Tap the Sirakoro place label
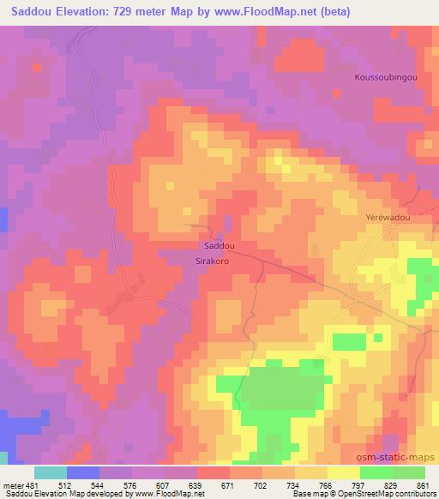pos(210,257)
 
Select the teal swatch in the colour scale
pos(51,473)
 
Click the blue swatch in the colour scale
pos(83,473)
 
